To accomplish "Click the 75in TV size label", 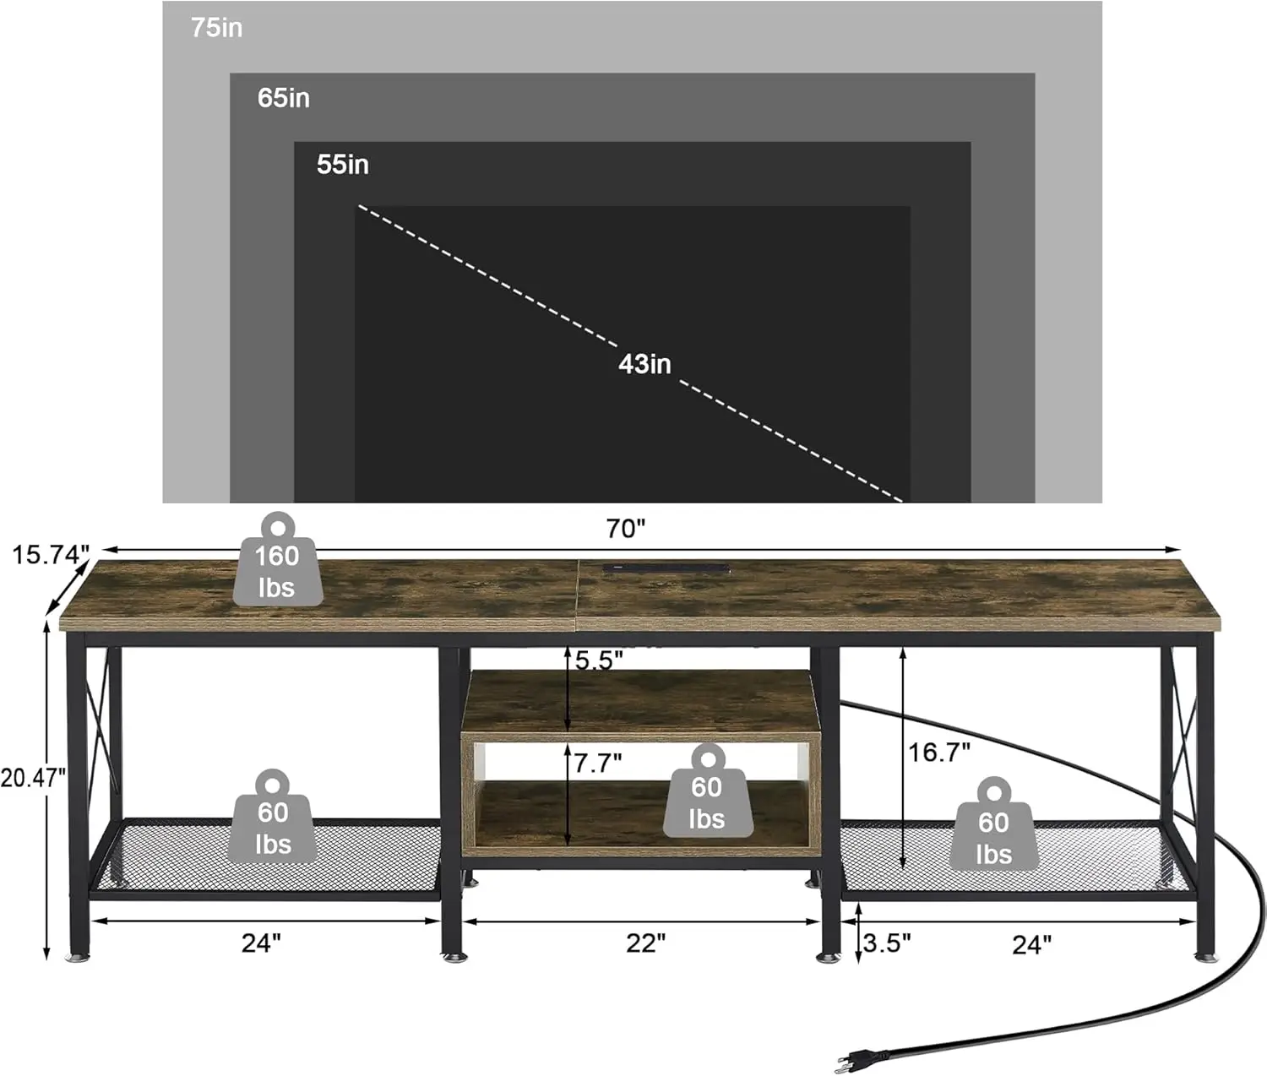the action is [x=216, y=28].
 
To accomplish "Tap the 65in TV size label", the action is [x=284, y=98].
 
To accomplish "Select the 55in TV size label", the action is [x=343, y=164].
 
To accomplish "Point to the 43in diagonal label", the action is [x=644, y=364].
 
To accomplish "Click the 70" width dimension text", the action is [x=625, y=529].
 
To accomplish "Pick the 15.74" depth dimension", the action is [x=50, y=555].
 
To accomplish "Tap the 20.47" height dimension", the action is [x=32, y=777].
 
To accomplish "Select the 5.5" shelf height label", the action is [x=599, y=660].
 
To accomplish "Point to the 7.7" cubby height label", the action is [x=598, y=763].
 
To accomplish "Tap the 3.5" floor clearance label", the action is [x=887, y=942].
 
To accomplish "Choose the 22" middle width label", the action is [x=645, y=943].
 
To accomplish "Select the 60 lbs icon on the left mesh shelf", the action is [x=273, y=818].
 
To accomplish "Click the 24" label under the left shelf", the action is [x=261, y=943].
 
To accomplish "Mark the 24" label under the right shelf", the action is [x=1031, y=944].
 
